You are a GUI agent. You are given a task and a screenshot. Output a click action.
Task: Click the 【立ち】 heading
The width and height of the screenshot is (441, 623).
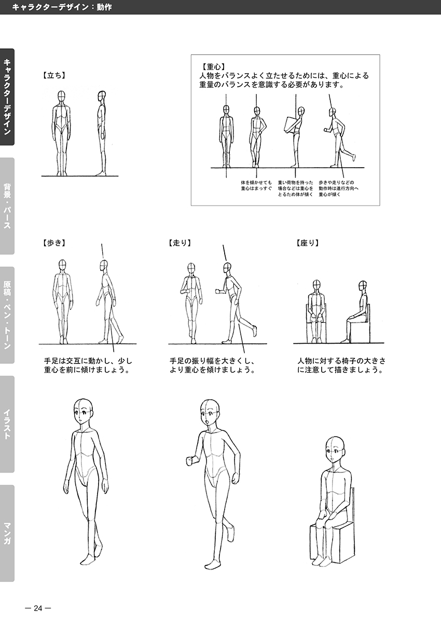click(x=54, y=75)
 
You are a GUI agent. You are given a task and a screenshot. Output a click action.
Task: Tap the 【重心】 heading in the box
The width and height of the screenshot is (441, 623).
click(x=212, y=67)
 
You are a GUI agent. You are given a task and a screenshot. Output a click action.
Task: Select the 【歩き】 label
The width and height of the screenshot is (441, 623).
click(x=54, y=243)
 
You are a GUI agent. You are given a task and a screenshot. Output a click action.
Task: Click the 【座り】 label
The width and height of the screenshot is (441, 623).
click(x=307, y=243)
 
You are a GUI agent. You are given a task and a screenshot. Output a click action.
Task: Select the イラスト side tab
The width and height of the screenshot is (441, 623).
click(x=7, y=424)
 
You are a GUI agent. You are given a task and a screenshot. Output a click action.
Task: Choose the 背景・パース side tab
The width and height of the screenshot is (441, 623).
click(x=7, y=206)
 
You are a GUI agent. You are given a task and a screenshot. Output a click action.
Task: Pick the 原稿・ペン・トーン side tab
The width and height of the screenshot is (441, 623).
click(x=7, y=315)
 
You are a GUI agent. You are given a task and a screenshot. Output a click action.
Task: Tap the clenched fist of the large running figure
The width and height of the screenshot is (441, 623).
click(x=190, y=461)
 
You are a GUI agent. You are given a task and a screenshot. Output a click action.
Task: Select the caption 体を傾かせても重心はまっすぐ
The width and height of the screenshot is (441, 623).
click(x=256, y=186)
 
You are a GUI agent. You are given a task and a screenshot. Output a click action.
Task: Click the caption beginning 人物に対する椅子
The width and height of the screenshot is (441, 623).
click(x=341, y=365)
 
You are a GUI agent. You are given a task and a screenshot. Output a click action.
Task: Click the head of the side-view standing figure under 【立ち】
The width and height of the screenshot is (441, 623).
click(x=102, y=96)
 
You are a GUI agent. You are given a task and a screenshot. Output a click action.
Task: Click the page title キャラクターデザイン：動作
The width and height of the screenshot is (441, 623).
click(x=62, y=7)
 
